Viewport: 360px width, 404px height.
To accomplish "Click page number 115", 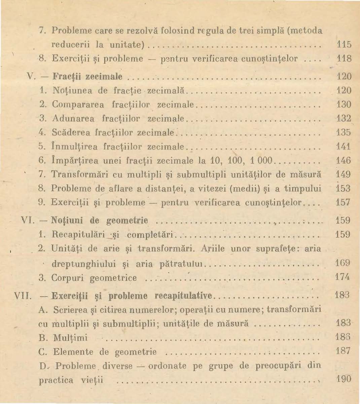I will point(344,44).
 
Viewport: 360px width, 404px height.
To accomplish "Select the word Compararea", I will point(72,105).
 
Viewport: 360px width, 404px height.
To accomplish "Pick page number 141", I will point(344,146).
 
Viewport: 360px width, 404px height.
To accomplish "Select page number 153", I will point(344,188).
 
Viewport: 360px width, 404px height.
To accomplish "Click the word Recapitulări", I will point(72,235).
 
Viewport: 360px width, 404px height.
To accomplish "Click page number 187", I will point(344,352).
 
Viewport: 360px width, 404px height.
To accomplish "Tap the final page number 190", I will point(344,379).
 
